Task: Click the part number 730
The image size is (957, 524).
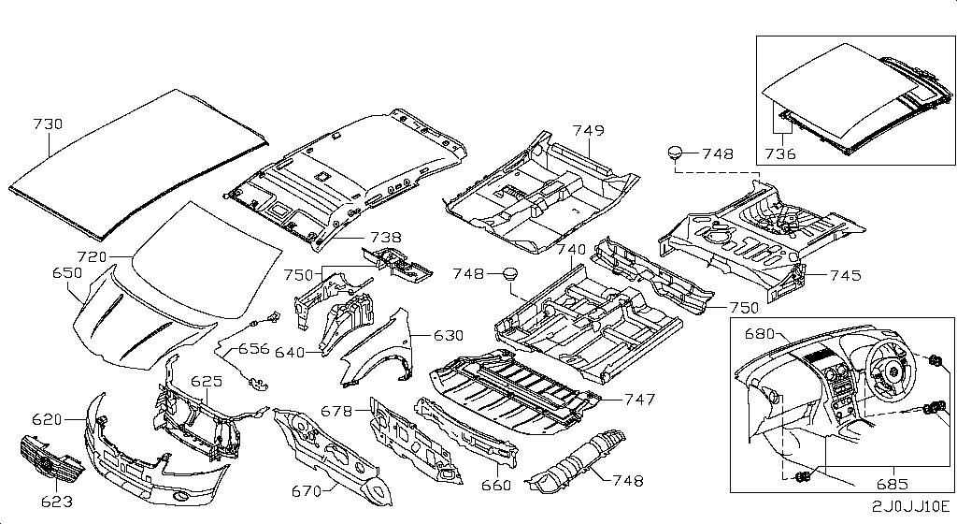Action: (48, 124)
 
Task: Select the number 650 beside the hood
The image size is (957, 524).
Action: (66, 272)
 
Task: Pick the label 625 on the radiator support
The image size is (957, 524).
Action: (207, 382)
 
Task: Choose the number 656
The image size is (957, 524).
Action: (253, 349)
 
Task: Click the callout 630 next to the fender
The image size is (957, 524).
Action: (449, 335)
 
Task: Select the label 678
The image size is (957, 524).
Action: (337, 411)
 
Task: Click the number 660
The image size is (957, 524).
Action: (495, 485)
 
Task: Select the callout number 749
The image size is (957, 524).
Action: (589, 130)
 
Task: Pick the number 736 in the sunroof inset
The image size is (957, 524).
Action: (779, 153)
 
